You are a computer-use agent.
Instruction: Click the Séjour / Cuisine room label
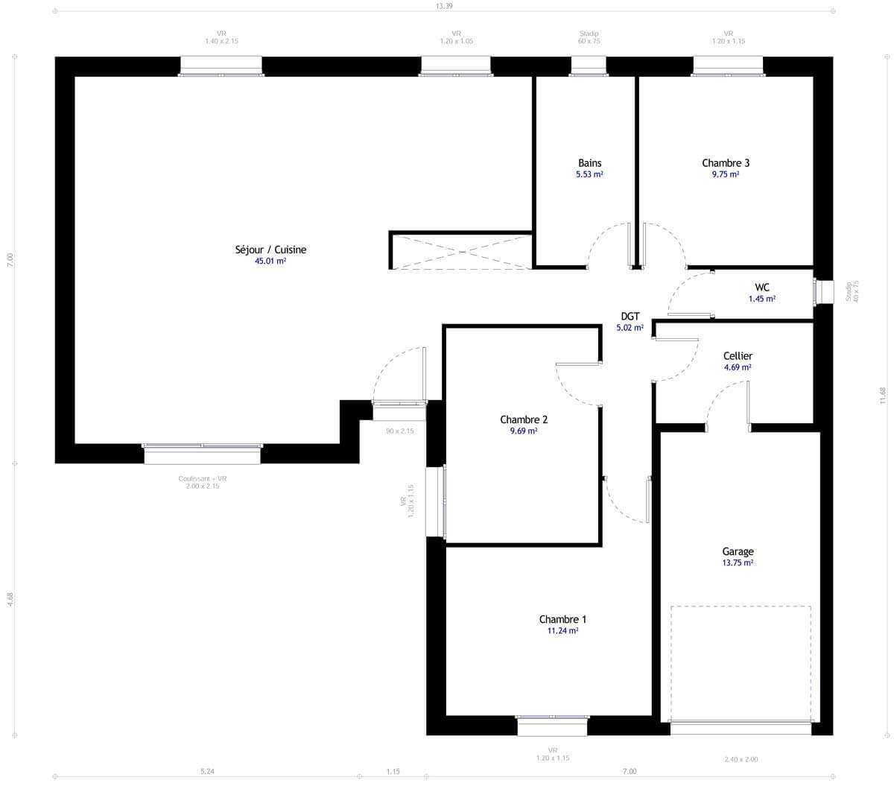[x=270, y=250]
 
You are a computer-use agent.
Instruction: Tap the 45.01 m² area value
[x=270, y=262]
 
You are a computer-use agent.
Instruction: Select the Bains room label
[x=589, y=163]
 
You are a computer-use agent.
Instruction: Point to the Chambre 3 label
[x=725, y=163]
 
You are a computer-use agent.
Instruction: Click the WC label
[x=761, y=287]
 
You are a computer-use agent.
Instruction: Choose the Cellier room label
[x=737, y=356]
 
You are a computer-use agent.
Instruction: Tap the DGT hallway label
[x=630, y=316]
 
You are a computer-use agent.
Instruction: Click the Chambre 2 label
[x=524, y=419]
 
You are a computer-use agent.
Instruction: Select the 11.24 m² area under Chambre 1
[x=562, y=630]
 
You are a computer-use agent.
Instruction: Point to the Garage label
[x=737, y=552]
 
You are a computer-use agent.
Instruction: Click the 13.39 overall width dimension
[x=444, y=6]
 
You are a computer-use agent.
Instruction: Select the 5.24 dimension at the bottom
[x=207, y=772]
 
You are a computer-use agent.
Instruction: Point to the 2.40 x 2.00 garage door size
[x=741, y=759]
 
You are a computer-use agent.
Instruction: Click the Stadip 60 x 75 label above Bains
[x=589, y=37]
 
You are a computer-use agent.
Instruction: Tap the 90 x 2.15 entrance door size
[x=399, y=431]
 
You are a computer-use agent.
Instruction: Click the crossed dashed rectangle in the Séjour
[x=460, y=251]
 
